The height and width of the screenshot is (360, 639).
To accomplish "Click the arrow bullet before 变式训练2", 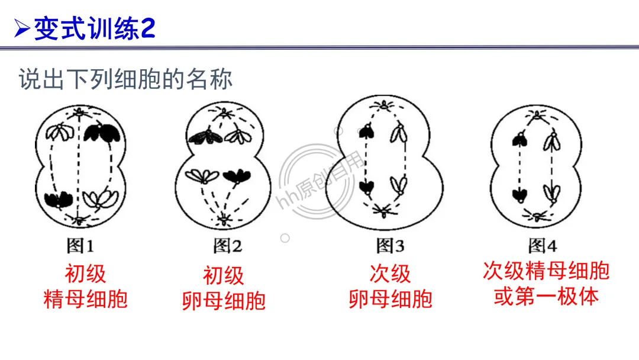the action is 22,28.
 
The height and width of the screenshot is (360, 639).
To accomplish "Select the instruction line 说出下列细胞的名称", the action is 125,79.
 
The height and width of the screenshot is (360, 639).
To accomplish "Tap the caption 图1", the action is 80,246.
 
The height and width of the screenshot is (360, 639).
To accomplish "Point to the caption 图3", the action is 390,245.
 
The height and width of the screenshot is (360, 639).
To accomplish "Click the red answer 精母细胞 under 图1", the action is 85,299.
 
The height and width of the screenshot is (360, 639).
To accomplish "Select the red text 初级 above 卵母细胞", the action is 223,276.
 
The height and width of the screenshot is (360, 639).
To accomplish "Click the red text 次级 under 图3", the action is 390,274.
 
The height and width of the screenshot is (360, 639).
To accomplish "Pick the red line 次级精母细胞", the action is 546,271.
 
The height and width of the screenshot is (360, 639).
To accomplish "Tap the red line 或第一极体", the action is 546,296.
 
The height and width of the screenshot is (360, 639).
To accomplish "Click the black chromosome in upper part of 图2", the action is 205,136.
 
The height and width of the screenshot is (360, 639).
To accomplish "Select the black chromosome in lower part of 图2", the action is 237,176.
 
